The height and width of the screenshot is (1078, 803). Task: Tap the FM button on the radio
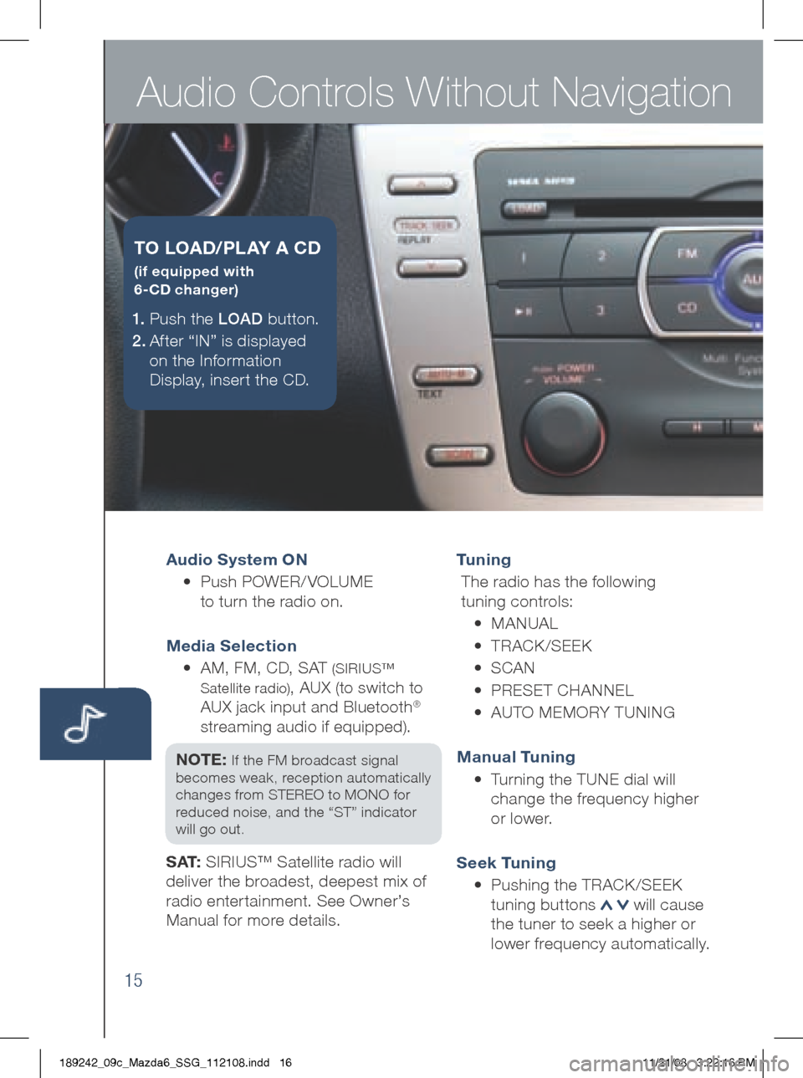688,253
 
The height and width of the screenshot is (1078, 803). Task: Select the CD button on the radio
688,308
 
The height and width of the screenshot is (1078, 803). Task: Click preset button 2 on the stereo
601,256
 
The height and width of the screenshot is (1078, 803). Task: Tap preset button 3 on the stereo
601,310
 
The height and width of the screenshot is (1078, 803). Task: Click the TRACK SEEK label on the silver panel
426,226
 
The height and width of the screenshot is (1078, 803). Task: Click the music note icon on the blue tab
84,723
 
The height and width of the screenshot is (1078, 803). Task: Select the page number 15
133,980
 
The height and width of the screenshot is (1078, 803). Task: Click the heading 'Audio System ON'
237,559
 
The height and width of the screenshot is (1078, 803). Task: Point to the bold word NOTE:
201,759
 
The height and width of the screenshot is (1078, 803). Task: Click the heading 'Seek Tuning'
506,863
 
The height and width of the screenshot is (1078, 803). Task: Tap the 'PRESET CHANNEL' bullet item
561,690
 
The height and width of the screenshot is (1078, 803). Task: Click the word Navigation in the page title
642,92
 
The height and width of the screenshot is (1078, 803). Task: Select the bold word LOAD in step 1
240,319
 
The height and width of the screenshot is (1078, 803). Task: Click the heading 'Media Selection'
232,646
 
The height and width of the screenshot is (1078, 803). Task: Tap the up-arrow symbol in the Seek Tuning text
606,905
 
